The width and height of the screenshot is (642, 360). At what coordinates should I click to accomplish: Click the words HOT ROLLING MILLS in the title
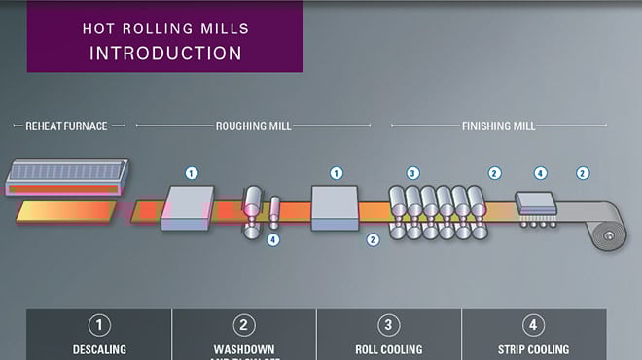pos(164,29)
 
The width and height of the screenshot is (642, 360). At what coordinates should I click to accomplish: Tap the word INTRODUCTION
pos(165,53)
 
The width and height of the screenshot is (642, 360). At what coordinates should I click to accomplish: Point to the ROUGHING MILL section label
pos(253,126)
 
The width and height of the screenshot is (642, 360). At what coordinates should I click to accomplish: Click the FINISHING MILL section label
pos(498,126)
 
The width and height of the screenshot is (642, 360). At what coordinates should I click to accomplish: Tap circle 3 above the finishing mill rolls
pos(412,173)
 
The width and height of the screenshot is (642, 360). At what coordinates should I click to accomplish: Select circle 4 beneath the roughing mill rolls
pos(273,239)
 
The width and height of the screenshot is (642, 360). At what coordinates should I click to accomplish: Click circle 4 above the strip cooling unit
pos(541,173)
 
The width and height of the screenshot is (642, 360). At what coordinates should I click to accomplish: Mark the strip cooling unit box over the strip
pos(535,202)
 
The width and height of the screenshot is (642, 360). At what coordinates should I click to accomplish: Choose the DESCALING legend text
pos(99,349)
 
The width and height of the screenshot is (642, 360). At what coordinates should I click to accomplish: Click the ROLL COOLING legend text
pos(389,349)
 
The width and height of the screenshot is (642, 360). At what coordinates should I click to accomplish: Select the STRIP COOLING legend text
pos(534,349)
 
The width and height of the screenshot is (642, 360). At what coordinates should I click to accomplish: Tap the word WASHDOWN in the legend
pos(244,349)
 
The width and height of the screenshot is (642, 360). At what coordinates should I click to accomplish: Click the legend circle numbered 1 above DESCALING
pos(99,325)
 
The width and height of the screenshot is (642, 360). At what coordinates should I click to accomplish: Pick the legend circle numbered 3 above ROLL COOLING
pos(389,325)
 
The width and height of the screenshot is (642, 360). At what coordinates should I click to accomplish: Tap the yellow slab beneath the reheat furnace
pos(63,211)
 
